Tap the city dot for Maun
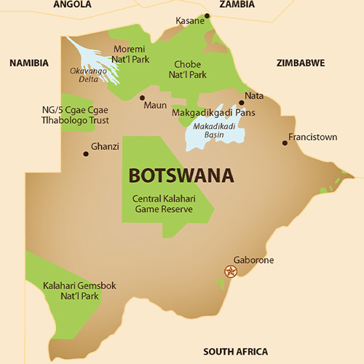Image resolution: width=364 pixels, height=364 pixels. (x=142, y=98)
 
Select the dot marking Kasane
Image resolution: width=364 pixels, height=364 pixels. (x=207, y=15)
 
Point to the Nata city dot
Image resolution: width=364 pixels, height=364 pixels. (x=241, y=103)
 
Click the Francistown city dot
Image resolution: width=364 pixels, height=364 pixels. (x=285, y=143)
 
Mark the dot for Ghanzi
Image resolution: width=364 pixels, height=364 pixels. (x=86, y=153)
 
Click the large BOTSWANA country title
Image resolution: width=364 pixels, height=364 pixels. (x=181, y=176)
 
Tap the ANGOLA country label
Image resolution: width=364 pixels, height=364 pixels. (x=72, y=4)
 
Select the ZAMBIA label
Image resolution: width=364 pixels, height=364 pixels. (x=237, y=4)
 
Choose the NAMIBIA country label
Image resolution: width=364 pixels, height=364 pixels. (x=28, y=63)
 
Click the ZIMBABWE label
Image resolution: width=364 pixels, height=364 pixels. (x=300, y=63)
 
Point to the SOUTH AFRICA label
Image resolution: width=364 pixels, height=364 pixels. (x=235, y=351)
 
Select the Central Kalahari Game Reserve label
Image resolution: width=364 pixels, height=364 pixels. (x=162, y=204)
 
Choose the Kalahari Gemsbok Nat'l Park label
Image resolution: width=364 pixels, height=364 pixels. (x=68, y=290)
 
